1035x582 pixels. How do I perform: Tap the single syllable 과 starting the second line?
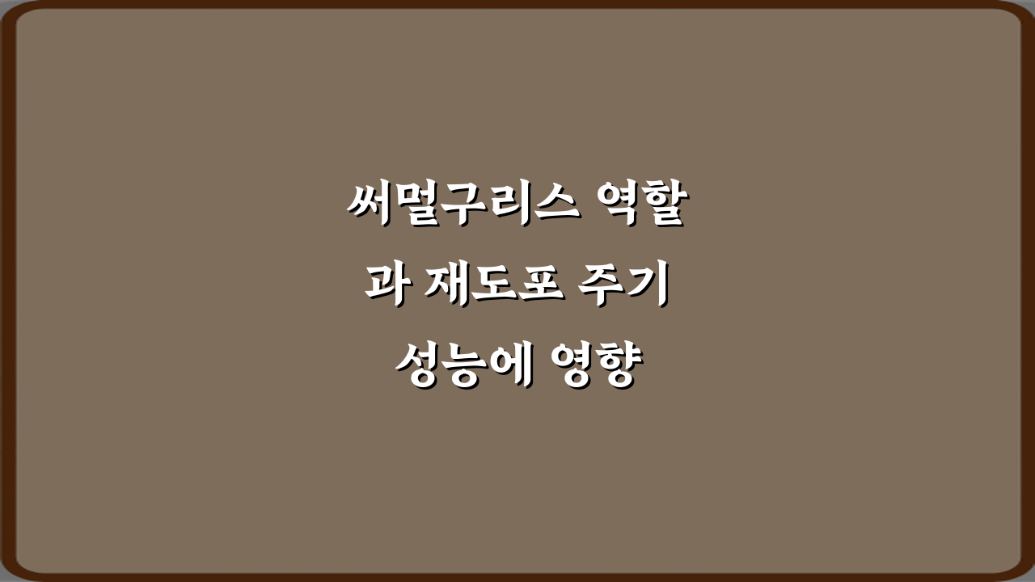pos(385,287)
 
